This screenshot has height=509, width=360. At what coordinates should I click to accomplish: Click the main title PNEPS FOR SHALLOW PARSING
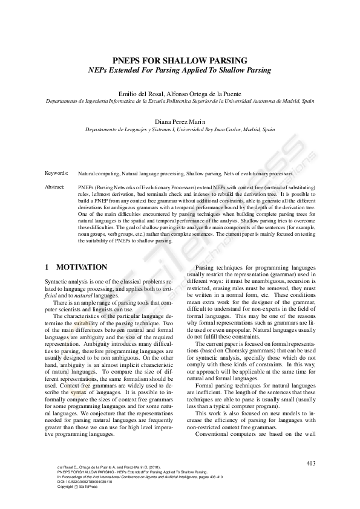click(x=180, y=60)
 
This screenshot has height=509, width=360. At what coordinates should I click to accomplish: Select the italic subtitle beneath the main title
click(x=180, y=70)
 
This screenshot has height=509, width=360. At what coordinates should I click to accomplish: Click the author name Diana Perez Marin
click(x=180, y=121)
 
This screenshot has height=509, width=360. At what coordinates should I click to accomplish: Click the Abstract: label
click(x=55, y=187)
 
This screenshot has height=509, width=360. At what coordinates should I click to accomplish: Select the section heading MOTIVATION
click(x=82, y=267)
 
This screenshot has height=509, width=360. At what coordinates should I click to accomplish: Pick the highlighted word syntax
click(x=78, y=375)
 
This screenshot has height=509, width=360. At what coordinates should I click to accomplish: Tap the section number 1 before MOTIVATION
click(x=47, y=267)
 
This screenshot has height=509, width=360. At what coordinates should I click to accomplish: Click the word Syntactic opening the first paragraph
click(x=58, y=282)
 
